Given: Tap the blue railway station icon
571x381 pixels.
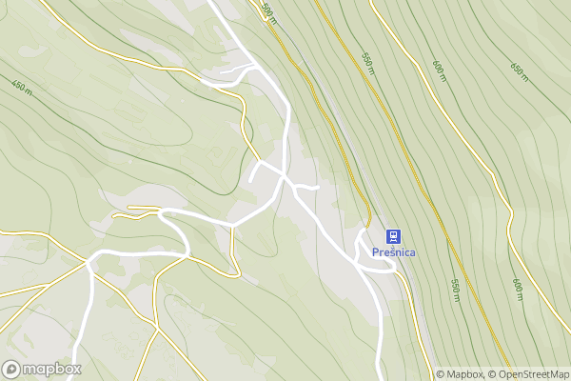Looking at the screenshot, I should pos(392,236).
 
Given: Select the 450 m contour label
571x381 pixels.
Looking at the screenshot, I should pos(22,87).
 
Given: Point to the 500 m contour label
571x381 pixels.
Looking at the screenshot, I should pos(267,11).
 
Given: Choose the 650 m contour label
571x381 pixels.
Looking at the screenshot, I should pos(519,70).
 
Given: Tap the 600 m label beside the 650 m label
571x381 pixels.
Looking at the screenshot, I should pos(439,71).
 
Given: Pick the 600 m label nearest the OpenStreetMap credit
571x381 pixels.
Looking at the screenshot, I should pos(518,290).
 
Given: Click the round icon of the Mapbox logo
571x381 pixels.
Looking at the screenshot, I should pos(11,370).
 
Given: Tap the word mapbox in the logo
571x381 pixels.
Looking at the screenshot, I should pos(52,370).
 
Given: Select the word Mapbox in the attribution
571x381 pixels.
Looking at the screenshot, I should pos(463,374).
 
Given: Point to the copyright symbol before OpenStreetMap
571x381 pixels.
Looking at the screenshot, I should pos(492,374).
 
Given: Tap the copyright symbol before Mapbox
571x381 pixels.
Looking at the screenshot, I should pos(441,374).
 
